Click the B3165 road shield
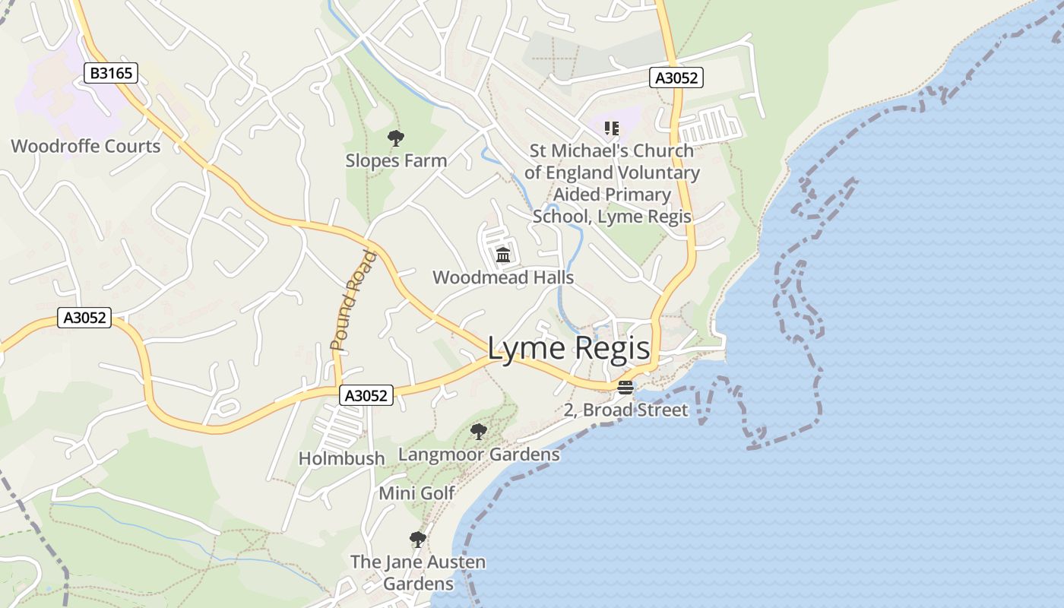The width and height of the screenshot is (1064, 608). click(x=110, y=73)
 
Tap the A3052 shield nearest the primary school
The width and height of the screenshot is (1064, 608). click(x=676, y=78)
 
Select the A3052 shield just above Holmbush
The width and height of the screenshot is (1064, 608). click(x=366, y=395)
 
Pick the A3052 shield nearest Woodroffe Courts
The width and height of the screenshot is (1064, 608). click(x=84, y=318)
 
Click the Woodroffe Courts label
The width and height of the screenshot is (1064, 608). click(x=86, y=146)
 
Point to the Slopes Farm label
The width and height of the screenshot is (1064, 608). click(x=396, y=160)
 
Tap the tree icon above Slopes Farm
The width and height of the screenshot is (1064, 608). click(x=395, y=138)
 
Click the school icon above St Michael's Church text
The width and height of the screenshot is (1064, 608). click(x=612, y=128)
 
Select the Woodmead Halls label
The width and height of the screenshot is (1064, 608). click(x=503, y=277)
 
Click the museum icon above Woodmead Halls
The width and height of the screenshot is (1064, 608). click(x=502, y=255)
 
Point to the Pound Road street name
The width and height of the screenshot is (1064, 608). click(x=354, y=301)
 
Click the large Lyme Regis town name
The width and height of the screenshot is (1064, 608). click(x=568, y=349)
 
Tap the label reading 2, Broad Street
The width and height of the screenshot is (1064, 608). click(x=625, y=410)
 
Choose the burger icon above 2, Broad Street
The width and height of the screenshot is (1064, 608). click(x=625, y=388)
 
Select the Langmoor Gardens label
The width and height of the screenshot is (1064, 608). click(x=479, y=454)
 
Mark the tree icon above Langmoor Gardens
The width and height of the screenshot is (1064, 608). click(x=478, y=432)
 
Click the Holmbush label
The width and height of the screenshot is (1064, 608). click(x=342, y=458)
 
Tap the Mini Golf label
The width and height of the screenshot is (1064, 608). click(x=416, y=493)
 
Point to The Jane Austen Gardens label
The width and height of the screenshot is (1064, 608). click(x=418, y=573)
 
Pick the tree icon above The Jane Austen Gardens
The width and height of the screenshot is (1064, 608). click(x=417, y=540)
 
